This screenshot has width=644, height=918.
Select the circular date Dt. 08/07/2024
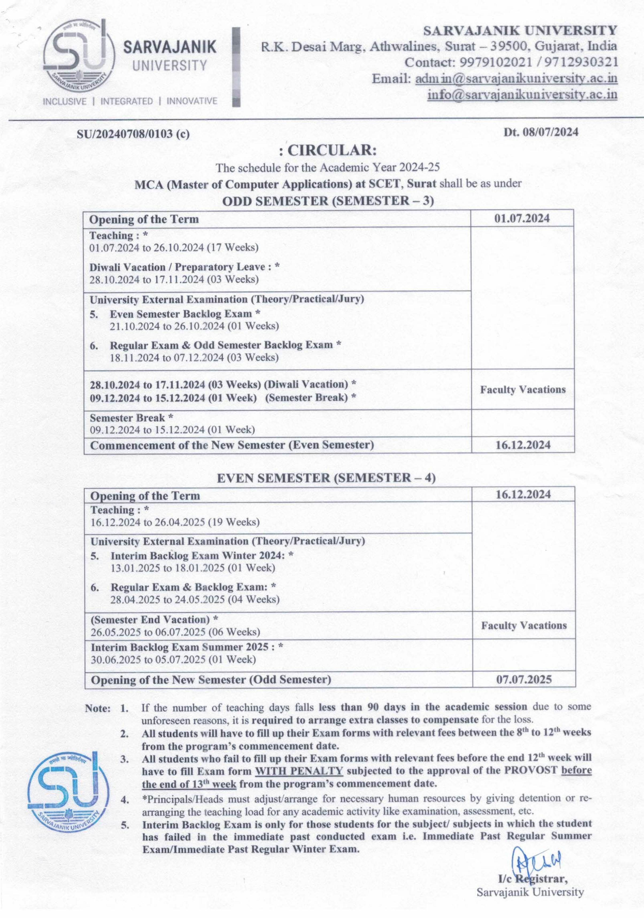tap(541, 132)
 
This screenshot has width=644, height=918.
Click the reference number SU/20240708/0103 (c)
tap(133, 134)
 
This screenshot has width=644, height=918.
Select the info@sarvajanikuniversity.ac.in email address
tap(522, 95)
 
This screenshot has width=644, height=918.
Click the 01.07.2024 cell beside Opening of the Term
tap(522, 219)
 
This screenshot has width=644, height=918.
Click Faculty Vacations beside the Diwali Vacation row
tap(523, 390)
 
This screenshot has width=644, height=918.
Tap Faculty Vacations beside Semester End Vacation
tap(524, 625)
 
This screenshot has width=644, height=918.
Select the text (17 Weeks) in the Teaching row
tap(232, 247)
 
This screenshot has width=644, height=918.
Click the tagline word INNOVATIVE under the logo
tap(192, 101)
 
